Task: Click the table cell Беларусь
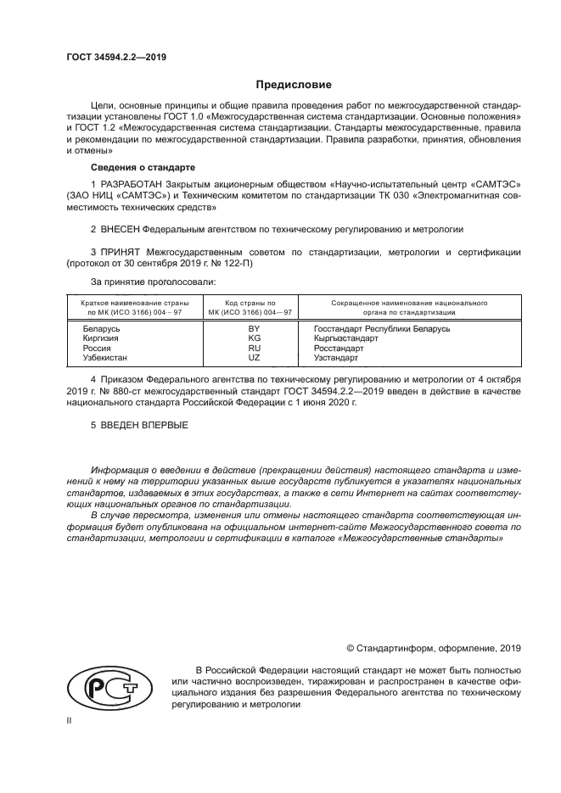tap(101, 328)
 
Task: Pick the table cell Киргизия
tap(101, 338)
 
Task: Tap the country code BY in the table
tap(253, 328)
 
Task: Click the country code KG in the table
tap(253, 338)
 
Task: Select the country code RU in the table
tap(253, 348)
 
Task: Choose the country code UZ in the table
tap(253, 357)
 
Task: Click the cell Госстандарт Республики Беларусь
tap(381, 328)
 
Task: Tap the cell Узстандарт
tap(335, 357)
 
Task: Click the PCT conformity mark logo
tap(108, 685)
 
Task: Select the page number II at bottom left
tap(70, 720)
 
